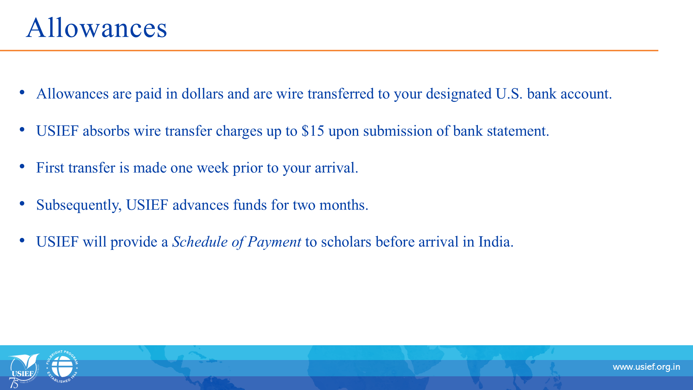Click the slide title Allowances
[97, 28]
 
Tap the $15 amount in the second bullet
[313, 131]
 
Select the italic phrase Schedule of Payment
[236, 242]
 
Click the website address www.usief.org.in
[646, 367]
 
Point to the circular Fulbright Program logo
[62, 367]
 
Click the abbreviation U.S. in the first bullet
[509, 94]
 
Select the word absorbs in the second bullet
[106, 131]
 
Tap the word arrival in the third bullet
[336, 168]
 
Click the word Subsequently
[79, 205]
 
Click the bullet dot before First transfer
[22, 166]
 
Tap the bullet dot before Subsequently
[22, 204]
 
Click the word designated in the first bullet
[459, 94]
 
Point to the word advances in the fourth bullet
[201, 205]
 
